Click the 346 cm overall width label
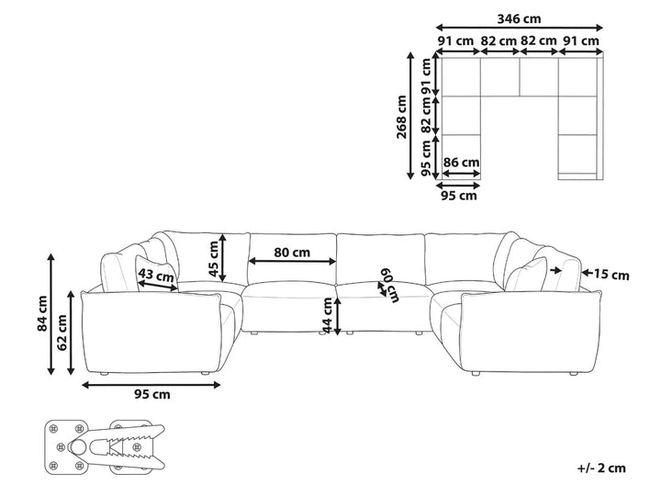point(519,19)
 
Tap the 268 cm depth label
point(401,118)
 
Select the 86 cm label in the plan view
point(461,163)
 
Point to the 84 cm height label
point(42,313)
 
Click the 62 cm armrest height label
point(62,333)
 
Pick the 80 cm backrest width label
point(292,253)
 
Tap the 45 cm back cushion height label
point(214,259)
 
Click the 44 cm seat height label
point(327,315)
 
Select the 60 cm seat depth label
point(390,286)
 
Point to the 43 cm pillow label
point(156,276)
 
